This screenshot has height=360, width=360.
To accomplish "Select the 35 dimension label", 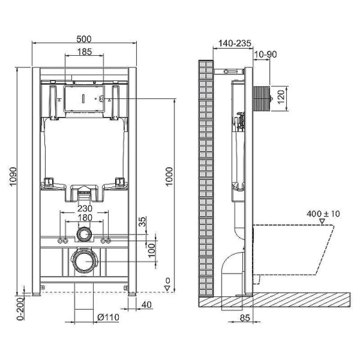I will tap(142, 222).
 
